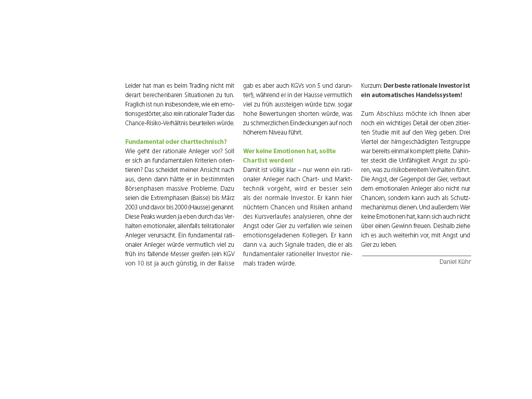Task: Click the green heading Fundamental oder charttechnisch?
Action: click(176, 141)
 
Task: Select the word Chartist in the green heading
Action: click(255, 161)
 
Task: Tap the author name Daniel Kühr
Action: click(455, 262)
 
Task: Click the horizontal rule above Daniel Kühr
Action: click(416, 256)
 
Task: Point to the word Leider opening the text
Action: click(133, 85)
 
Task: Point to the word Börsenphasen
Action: click(143, 179)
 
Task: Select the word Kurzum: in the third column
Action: click(371, 85)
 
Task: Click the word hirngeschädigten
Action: click(413, 142)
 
